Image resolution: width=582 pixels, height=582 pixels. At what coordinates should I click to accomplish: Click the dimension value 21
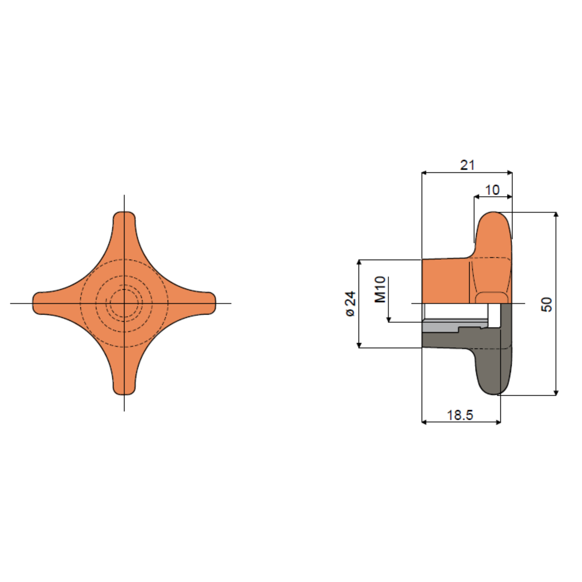(x=467, y=165)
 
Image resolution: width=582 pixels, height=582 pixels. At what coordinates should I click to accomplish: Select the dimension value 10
(x=492, y=190)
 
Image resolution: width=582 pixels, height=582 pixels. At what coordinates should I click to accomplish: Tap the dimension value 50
(x=547, y=304)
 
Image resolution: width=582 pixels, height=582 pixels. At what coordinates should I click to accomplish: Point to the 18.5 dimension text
(x=460, y=415)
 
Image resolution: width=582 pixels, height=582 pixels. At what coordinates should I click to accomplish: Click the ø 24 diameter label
(x=350, y=304)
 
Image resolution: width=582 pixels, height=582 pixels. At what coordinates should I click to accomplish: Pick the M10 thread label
(x=380, y=289)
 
